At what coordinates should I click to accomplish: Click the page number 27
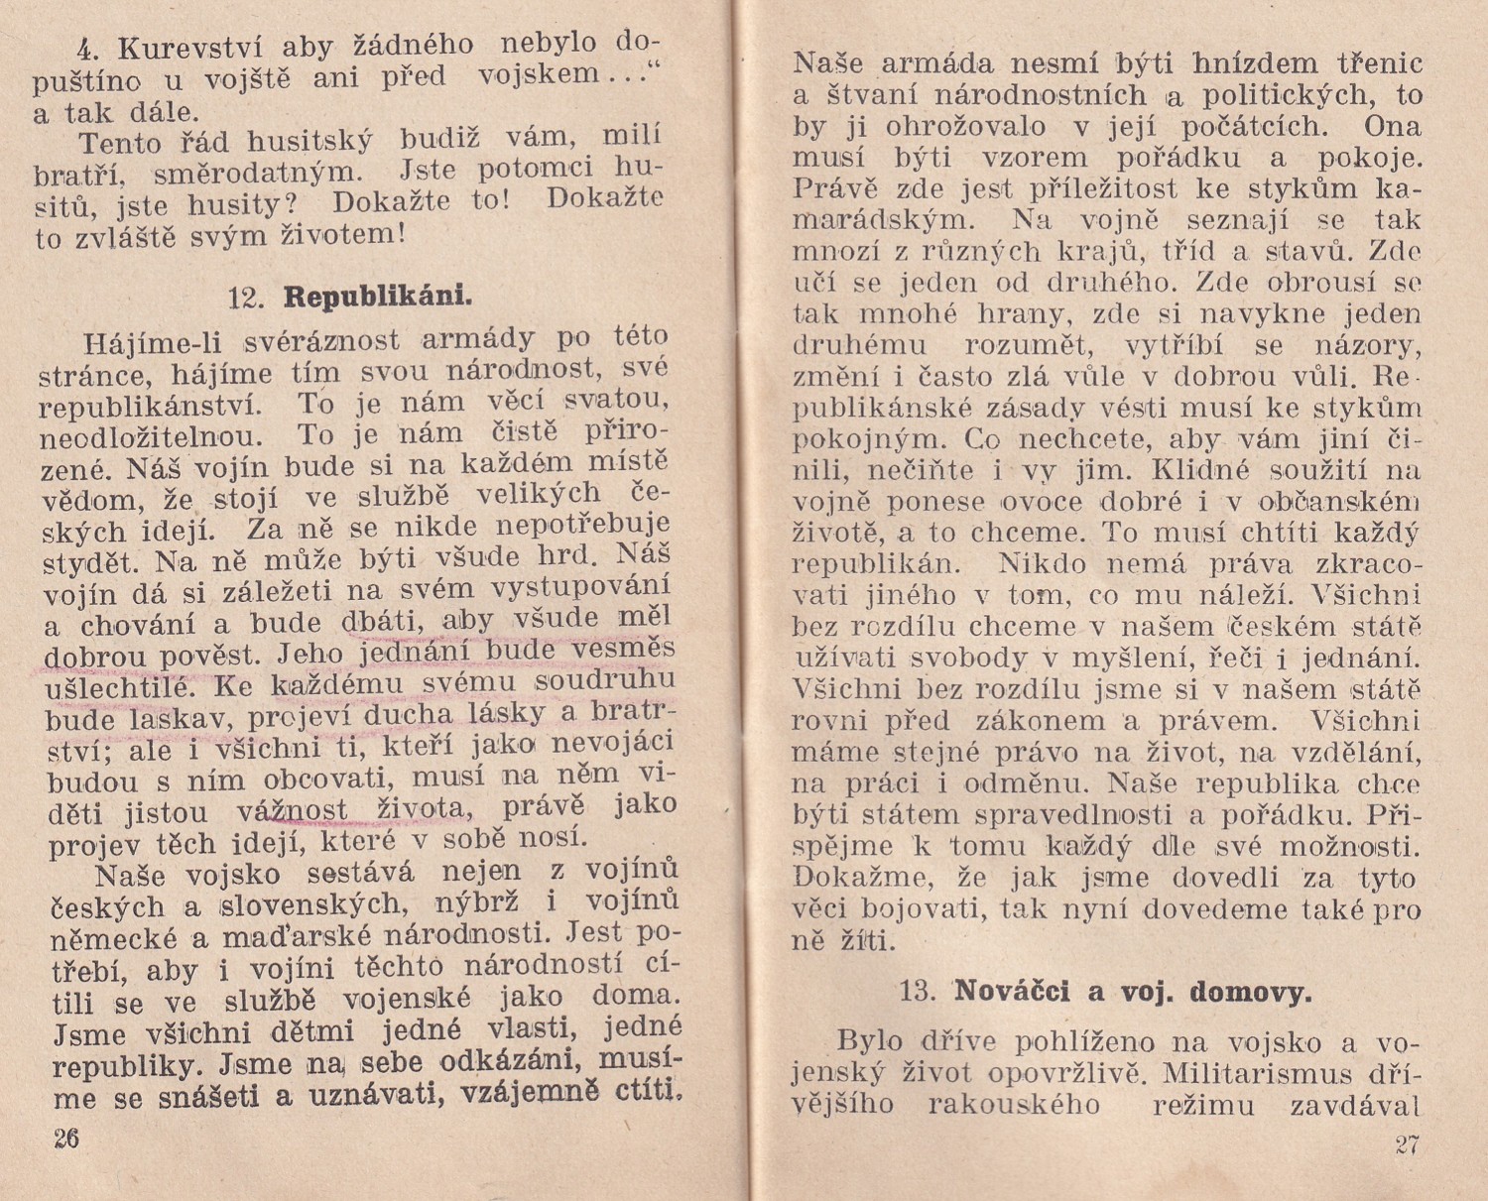pyautogui.click(x=1407, y=1144)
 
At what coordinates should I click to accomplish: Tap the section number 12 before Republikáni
pyautogui.click(x=243, y=298)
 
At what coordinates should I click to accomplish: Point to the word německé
pyautogui.click(x=104, y=939)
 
